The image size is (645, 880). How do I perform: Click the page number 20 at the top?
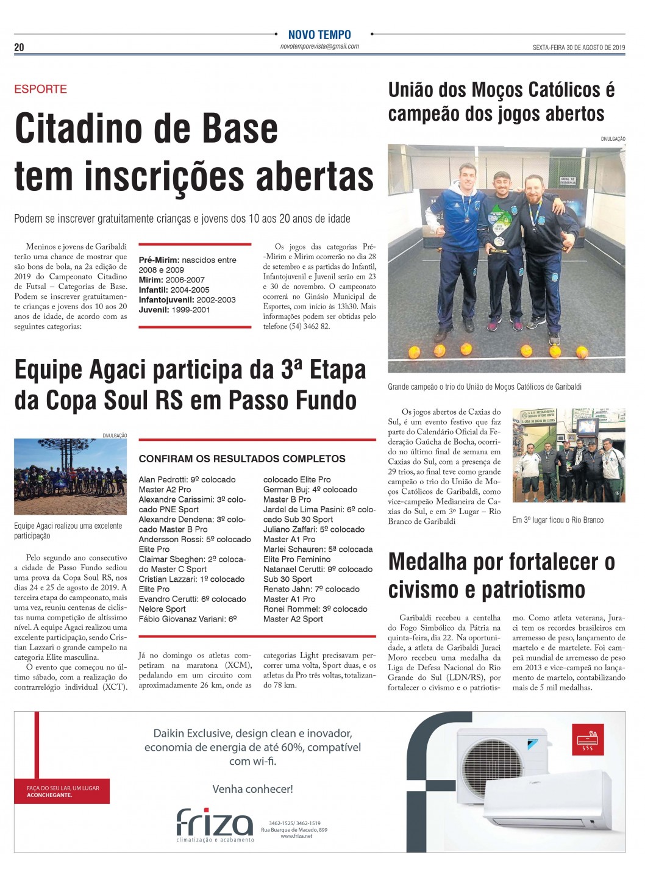click(x=19, y=48)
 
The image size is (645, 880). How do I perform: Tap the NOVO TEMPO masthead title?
click(x=319, y=35)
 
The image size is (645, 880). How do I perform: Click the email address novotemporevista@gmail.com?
click(x=319, y=46)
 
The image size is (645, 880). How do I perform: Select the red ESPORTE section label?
click(x=41, y=89)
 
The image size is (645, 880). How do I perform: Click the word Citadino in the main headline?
click(x=91, y=129)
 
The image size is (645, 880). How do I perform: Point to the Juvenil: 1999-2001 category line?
click(x=174, y=310)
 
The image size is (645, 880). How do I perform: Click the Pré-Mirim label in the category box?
click(x=159, y=260)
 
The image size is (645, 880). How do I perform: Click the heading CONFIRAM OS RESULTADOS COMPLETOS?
click(x=242, y=459)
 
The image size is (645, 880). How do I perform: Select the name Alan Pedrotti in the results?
click(x=163, y=480)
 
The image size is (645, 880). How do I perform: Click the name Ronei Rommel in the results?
click(x=288, y=609)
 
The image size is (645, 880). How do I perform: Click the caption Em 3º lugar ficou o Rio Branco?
click(x=558, y=520)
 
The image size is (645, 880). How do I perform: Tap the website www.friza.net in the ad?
click(x=296, y=836)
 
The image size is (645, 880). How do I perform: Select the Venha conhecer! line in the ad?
click(x=252, y=789)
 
